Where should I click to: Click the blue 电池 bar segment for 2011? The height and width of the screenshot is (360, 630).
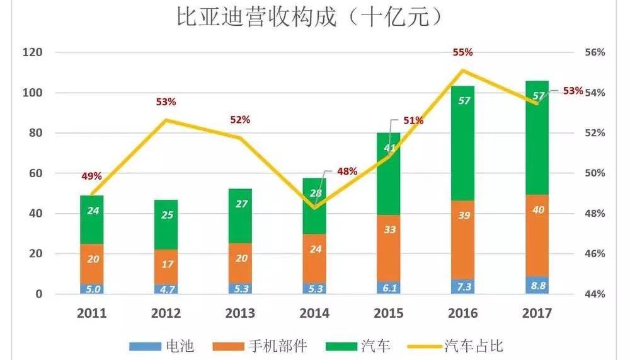point(92,289)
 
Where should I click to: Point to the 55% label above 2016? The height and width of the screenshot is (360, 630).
point(462,53)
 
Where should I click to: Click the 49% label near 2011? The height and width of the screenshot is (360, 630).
point(91,176)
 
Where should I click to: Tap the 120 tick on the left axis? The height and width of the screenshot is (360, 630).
point(31,52)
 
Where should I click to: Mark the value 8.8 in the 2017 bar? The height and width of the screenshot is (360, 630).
point(537,285)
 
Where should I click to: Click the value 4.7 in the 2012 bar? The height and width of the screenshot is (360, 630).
point(166,290)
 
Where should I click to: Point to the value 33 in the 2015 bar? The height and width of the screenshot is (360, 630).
point(389,229)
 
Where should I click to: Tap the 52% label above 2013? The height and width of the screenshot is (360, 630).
point(240,120)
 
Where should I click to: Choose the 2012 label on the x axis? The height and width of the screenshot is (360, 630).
point(166,313)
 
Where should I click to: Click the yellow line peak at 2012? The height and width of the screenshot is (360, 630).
point(166,120)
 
